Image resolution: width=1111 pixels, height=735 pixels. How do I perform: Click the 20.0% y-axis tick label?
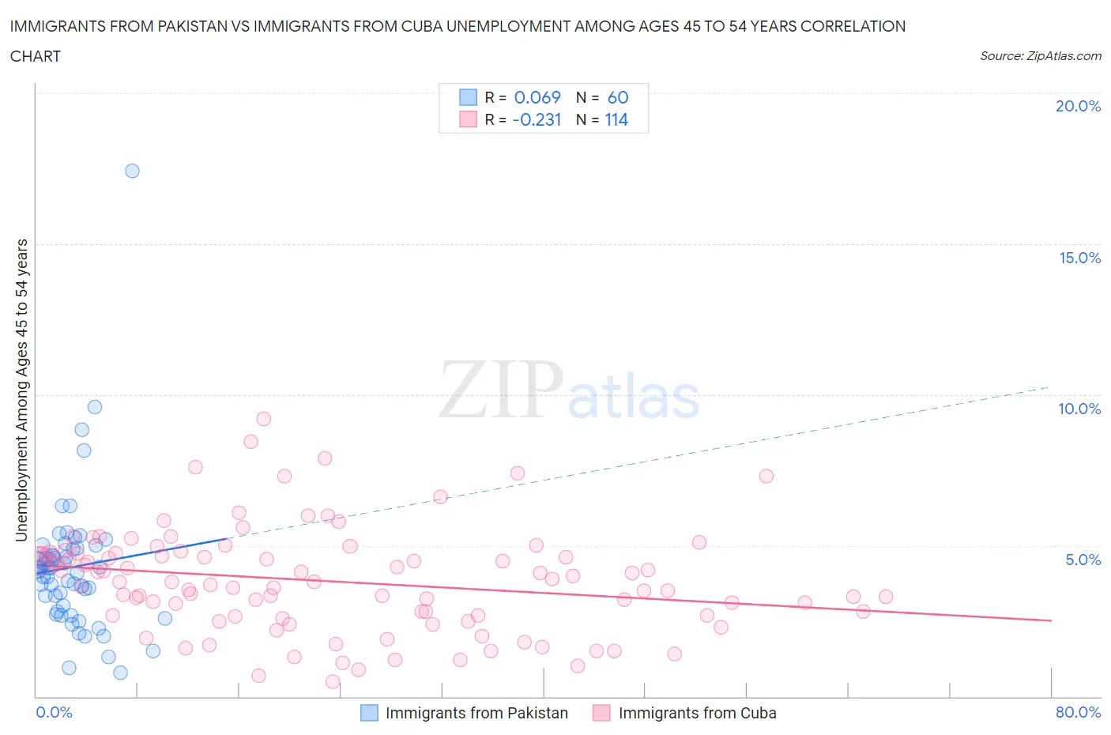1078,106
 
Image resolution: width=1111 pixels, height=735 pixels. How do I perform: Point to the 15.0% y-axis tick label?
1079,258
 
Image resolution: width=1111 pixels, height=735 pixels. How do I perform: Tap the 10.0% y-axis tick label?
1079,409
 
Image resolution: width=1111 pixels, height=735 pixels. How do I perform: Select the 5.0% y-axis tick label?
1083,560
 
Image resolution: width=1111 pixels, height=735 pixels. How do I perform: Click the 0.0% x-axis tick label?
54,712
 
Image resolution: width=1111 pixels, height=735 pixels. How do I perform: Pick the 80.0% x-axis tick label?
1078,712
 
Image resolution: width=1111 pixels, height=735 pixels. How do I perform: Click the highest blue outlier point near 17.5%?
132,171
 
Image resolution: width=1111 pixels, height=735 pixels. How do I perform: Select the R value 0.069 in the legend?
537,97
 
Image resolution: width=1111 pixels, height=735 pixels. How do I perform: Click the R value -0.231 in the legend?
537,119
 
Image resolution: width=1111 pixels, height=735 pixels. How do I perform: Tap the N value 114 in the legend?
616,119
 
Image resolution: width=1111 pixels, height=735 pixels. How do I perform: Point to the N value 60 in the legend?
618,97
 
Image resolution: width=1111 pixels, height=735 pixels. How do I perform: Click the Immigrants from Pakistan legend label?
476,713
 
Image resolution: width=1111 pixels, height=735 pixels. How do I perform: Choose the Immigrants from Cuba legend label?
697,713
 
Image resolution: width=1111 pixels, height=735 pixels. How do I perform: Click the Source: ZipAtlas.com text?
1040,55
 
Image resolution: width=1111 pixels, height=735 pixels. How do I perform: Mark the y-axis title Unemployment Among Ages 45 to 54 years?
22,390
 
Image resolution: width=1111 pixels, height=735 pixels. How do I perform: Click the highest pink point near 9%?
264,419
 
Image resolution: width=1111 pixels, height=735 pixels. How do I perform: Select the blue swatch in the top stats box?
469,97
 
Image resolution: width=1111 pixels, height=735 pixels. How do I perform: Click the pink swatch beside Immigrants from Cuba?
602,713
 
